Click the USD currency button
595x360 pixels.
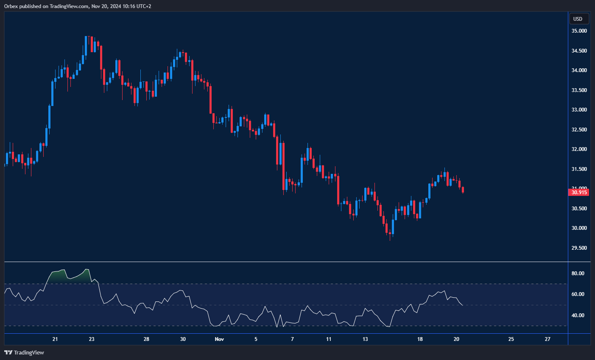click(578, 19)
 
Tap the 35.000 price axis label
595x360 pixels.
click(579, 31)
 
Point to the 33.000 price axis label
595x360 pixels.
click(579, 110)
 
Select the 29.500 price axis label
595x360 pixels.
click(579, 248)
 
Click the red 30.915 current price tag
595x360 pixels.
click(578, 192)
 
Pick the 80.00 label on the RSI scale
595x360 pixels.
click(578, 273)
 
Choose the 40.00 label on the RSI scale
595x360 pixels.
click(578, 315)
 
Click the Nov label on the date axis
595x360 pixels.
click(219, 339)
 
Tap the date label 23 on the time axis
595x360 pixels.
click(92, 339)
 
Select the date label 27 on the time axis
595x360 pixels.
click(548, 339)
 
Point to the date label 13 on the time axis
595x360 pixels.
click(366, 339)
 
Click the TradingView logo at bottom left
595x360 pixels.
click(24, 352)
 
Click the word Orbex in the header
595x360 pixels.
click(11, 6)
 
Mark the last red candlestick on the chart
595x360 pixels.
click(463, 190)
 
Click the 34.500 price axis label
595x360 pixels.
click(579, 51)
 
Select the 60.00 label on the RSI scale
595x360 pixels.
click(578, 294)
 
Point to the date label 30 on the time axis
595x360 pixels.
click(183, 339)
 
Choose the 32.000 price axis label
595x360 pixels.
click(579, 149)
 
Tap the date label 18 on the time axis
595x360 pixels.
click(420, 339)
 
